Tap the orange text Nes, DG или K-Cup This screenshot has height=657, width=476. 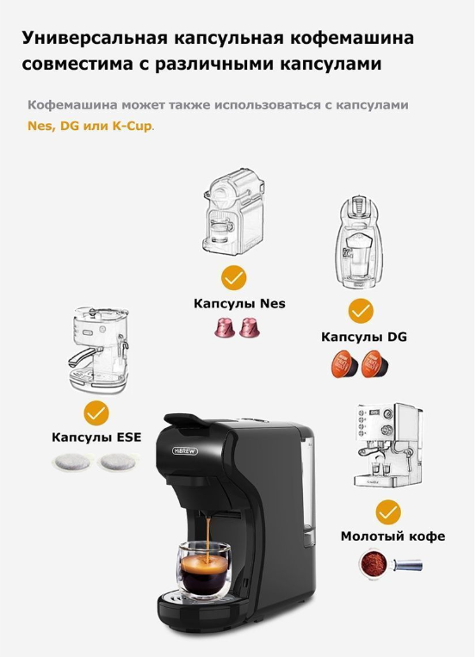coord(90,126)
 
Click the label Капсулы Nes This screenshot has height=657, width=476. coord(239,303)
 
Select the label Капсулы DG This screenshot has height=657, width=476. coord(364,337)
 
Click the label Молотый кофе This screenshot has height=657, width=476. coord(393,536)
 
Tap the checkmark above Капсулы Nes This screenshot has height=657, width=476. coord(233,277)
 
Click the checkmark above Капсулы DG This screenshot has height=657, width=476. coord(360,310)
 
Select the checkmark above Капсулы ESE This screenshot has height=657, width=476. coord(96,411)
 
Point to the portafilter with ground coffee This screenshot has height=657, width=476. coord(388,565)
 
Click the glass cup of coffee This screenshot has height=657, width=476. coord(205,570)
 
